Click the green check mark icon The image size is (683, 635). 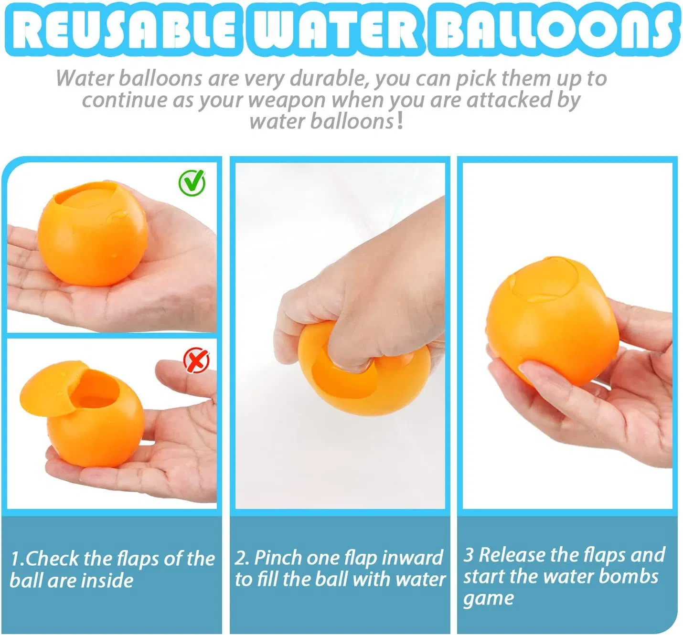click(x=192, y=182)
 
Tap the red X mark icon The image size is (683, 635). click(x=196, y=360)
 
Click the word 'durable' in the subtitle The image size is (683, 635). click(x=329, y=78)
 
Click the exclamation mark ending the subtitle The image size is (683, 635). click(x=400, y=121)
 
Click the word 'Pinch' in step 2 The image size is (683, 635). click(x=277, y=558)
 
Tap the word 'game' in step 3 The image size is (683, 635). click(x=488, y=599)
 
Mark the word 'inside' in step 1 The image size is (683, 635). click(x=107, y=581)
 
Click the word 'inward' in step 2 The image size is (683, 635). click(x=413, y=558)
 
